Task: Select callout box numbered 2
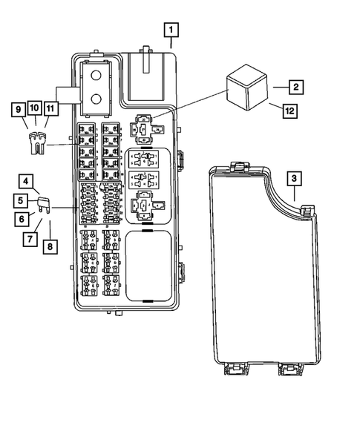[295, 88]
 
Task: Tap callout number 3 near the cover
[294, 179]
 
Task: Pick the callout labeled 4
[26, 182]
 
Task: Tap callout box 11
[50, 110]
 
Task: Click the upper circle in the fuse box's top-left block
[96, 75]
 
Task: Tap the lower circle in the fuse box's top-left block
[96, 99]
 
